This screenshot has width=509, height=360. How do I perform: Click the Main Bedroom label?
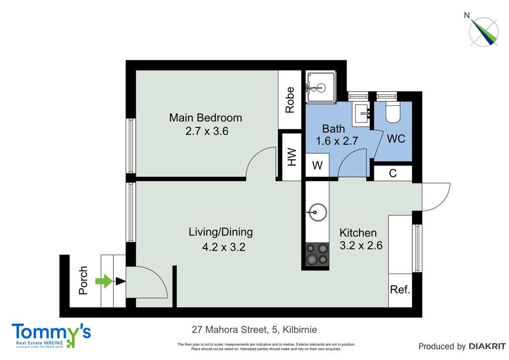[x=205, y=117]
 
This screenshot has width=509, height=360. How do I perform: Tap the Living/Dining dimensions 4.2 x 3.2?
[x=224, y=247]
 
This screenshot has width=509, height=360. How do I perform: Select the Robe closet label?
[x=290, y=99]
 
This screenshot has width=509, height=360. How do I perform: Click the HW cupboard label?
[x=292, y=157]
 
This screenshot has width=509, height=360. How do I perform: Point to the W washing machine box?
[x=318, y=165]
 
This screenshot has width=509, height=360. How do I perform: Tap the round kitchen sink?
[x=317, y=212]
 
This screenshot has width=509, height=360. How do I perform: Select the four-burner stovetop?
[x=317, y=254]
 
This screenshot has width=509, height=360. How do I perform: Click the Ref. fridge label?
[x=400, y=289]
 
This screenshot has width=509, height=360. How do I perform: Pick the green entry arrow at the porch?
[x=104, y=281]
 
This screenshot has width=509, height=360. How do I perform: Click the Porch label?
[x=84, y=280]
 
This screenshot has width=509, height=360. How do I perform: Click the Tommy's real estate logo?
[x=51, y=336]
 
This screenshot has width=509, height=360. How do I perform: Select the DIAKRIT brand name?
[x=487, y=347]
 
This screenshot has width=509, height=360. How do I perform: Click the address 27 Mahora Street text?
[x=230, y=330]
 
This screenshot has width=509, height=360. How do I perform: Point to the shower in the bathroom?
[x=321, y=87]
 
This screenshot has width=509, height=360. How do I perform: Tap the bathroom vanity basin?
[x=362, y=113]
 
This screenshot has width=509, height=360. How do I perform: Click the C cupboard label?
[x=393, y=174]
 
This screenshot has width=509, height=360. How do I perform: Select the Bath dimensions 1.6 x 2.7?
[x=337, y=141]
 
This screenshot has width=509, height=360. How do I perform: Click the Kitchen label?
[x=358, y=233]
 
